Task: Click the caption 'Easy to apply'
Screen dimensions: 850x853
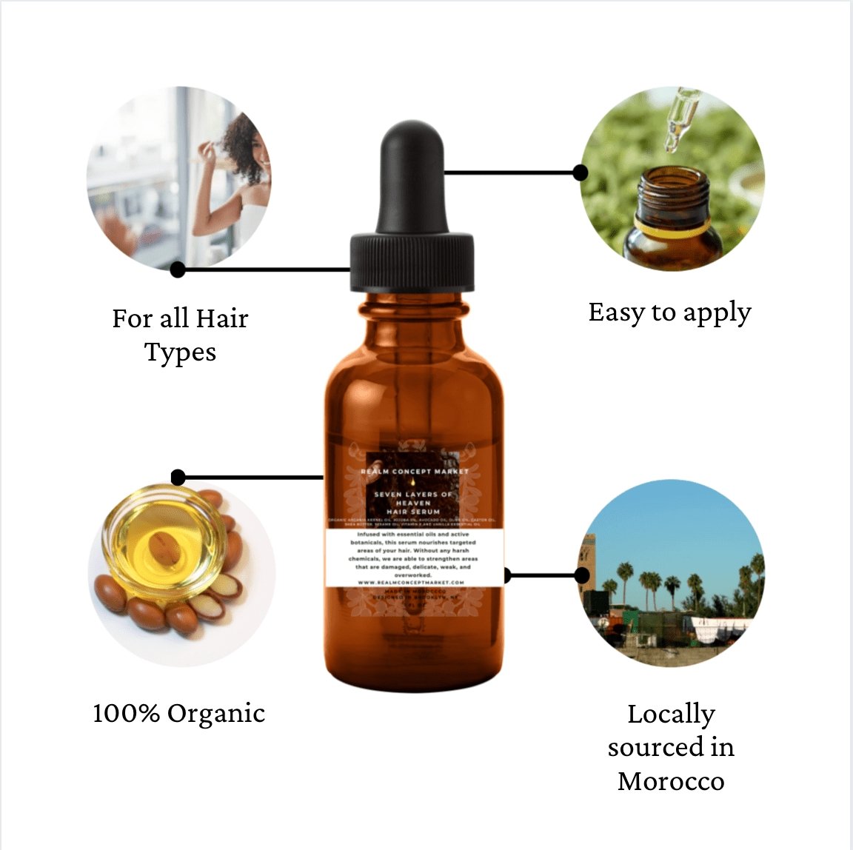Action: (669, 312)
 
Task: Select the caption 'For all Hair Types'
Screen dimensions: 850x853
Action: (180, 335)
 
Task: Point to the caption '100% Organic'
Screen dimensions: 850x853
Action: (179, 714)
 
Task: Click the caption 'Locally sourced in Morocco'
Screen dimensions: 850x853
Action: (671, 747)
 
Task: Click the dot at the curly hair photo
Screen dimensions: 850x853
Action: (178, 270)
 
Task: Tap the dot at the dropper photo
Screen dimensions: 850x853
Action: (581, 173)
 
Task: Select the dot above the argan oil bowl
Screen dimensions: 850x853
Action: (178, 477)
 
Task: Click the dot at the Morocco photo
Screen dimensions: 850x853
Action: (582, 575)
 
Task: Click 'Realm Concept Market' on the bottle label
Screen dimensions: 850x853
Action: (415, 471)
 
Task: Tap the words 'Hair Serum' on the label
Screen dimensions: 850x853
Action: (413, 512)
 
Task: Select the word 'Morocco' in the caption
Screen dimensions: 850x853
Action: (671, 781)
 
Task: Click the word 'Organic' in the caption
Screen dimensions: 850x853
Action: (216, 714)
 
